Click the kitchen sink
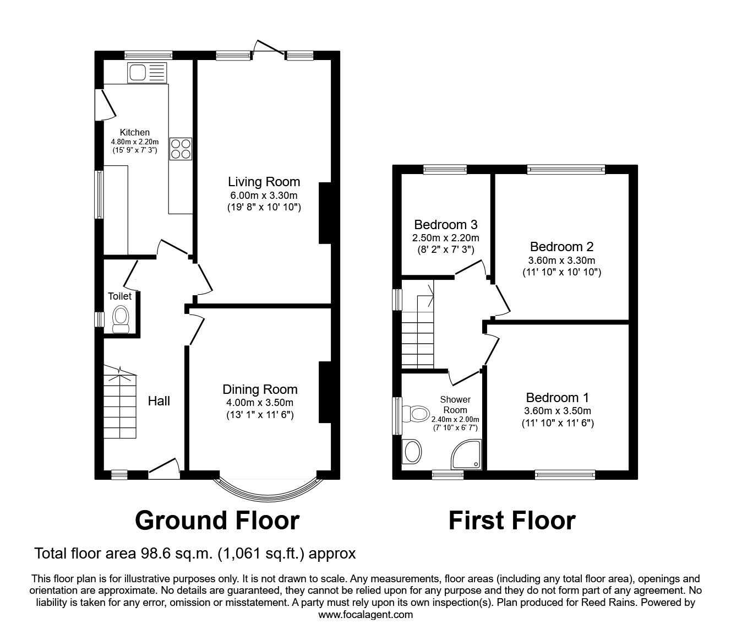pyautogui.click(x=147, y=73)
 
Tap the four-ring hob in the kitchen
pyautogui.click(x=181, y=149)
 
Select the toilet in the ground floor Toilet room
pyautogui.click(x=121, y=319)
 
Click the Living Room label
pyautogui.click(x=264, y=182)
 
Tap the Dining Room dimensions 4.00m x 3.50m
pyautogui.click(x=260, y=403)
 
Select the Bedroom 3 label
pyautogui.click(x=446, y=224)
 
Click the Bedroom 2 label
pyautogui.click(x=561, y=246)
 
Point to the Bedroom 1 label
pyautogui.click(x=558, y=398)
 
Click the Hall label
pyautogui.click(x=159, y=400)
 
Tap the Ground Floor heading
pyautogui.click(x=217, y=521)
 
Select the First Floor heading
pyautogui.click(x=512, y=521)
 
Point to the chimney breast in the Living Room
pyautogui.click(x=325, y=213)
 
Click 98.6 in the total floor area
pyautogui.click(x=154, y=553)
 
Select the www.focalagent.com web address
pyautogui.click(x=365, y=614)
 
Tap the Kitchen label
pyautogui.click(x=135, y=132)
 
